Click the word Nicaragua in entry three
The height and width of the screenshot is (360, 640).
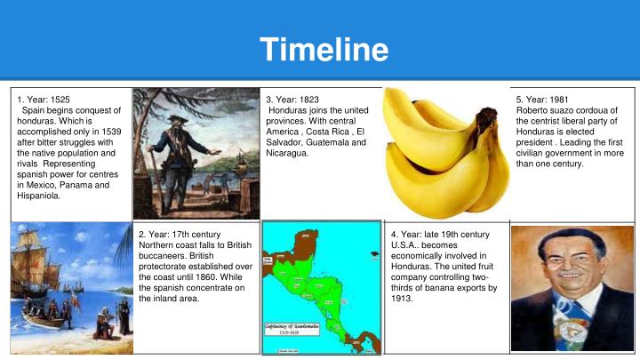pos(287,154)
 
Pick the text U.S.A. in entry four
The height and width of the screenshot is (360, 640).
pos(405,244)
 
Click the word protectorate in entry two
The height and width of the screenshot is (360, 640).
pos(167,266)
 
